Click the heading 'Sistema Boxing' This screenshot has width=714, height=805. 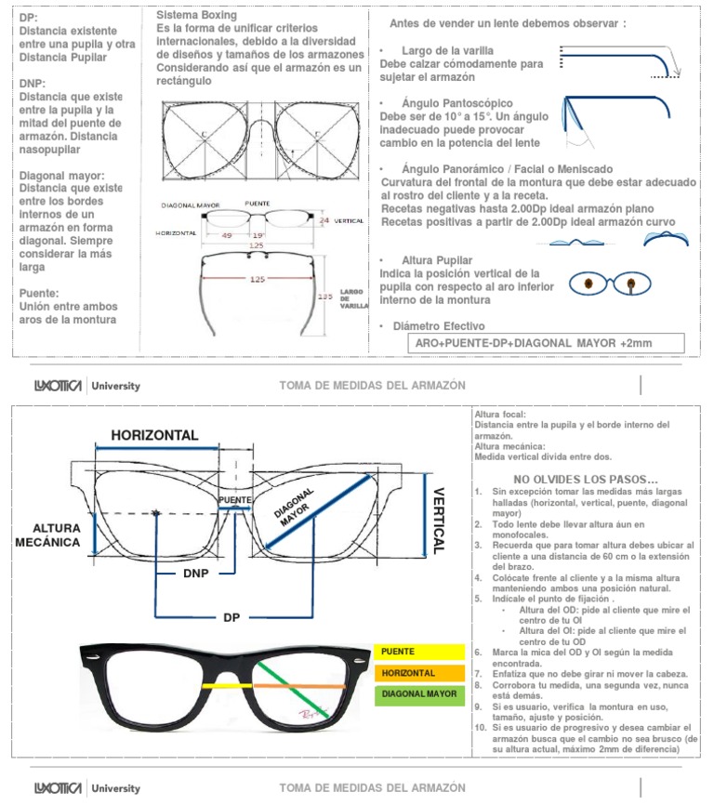pyautogui.click(x=196, y=16)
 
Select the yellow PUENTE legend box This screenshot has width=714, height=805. pyautogui.click(x=418, y=652)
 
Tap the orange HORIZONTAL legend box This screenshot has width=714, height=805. pyautogui.click(x=418, y=673)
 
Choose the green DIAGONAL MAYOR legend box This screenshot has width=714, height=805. pyautogui.click(x=418, y=694)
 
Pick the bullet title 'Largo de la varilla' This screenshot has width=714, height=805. pyautogui.click(x=447, y=49)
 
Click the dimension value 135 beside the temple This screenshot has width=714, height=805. pyautogui.click(x=324, y=297)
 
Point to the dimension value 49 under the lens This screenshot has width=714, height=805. pyautogui.click(x=227, y=235)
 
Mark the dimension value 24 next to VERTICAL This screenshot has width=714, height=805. pyautogui.click(x=324, y=220)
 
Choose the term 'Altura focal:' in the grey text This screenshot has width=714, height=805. pyautogui.click(x=499, y=415)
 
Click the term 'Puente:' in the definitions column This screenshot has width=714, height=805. pyautogui.click(x=39, y=293)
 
